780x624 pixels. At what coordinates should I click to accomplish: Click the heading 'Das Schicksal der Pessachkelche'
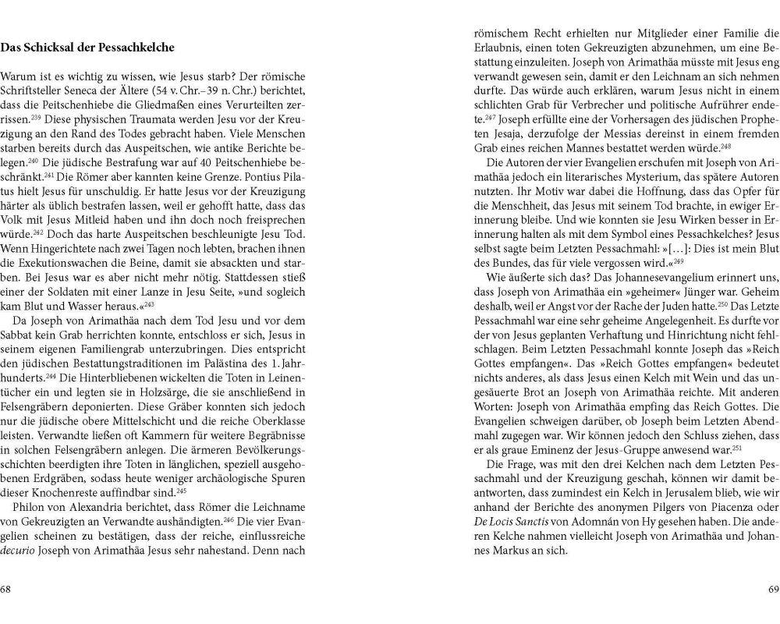87,48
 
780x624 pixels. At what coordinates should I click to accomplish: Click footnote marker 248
725,146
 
